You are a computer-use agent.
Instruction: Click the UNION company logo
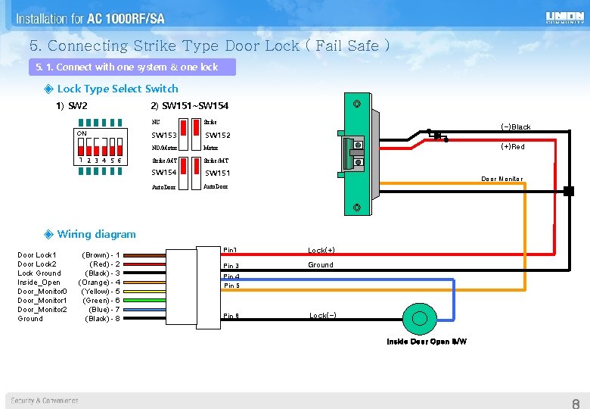pos(564,17)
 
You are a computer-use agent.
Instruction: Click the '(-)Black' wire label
pos(516,127)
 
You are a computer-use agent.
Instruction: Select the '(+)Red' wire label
pos(513,147)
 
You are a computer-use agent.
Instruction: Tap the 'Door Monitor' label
pos(502,180)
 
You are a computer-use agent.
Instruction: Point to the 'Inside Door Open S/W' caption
pos(427,342)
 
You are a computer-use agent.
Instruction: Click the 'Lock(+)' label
pos(321,250)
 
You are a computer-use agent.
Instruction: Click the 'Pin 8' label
pos(231,316)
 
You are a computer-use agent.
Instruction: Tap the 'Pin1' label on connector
pos(231,250)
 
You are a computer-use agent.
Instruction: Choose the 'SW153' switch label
pos(164,136)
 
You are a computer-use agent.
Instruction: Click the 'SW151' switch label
pos(218,173)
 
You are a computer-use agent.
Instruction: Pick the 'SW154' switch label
pos(164,173)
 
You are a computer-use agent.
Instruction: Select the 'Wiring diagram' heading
pos(97,234)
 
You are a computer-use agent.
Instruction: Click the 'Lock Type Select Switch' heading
pos(117,89)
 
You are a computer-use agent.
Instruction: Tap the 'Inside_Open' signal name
pos(39,283)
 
